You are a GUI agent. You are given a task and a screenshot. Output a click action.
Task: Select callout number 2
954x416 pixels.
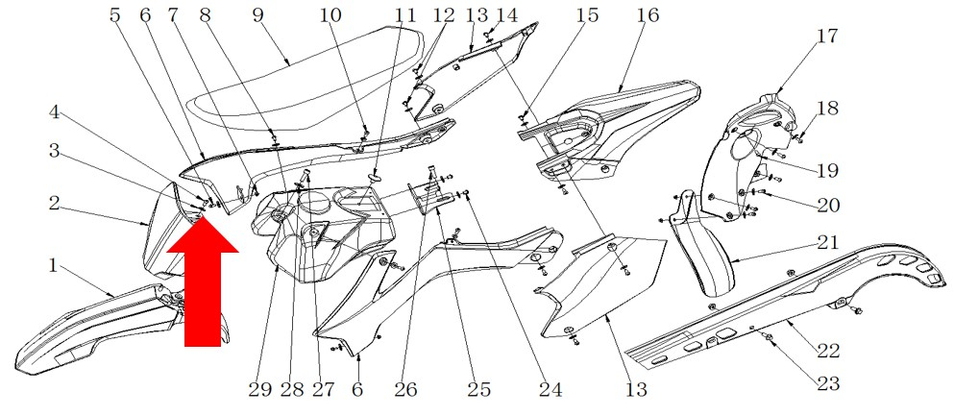click(55, 203)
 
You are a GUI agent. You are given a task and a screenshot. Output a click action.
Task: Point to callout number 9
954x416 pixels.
click(257, 15)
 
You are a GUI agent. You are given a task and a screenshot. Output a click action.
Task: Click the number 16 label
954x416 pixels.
click(648, 15)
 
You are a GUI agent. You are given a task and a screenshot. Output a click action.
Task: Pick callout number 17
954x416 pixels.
click(827, 37)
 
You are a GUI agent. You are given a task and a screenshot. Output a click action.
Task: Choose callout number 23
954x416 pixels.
click(828, 382)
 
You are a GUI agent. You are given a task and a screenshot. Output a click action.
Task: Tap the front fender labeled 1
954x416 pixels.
click(86, 327)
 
